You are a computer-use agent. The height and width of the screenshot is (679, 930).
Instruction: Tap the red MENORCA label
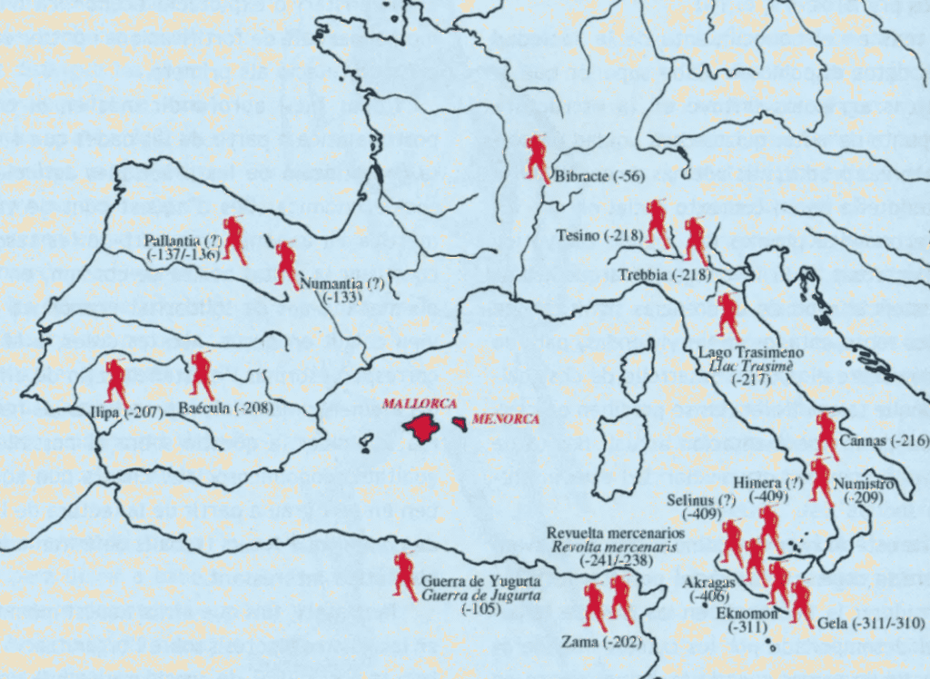click(505, 418)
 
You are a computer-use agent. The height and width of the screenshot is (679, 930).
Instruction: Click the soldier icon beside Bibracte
click(537, 157)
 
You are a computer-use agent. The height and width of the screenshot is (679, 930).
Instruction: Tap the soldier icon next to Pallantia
click(235, 241)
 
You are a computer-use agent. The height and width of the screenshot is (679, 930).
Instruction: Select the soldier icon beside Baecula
click(201, 377)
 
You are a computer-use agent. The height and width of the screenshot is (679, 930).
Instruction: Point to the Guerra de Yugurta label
click(481, 581)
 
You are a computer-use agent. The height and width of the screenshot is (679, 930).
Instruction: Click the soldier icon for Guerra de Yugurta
click(404, 576)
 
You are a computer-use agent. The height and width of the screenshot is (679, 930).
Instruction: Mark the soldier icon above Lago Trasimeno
click(727, 316)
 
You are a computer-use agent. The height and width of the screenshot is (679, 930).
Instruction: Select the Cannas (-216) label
click(885, 441)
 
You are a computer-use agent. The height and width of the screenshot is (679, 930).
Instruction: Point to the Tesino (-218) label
click(599, 236)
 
